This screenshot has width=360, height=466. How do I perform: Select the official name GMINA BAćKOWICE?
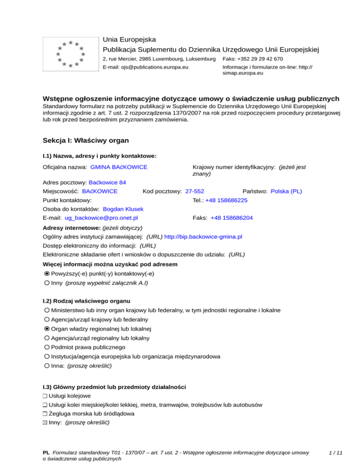[x=119, y=167]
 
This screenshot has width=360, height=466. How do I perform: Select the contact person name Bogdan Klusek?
[x=123, y=209]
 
